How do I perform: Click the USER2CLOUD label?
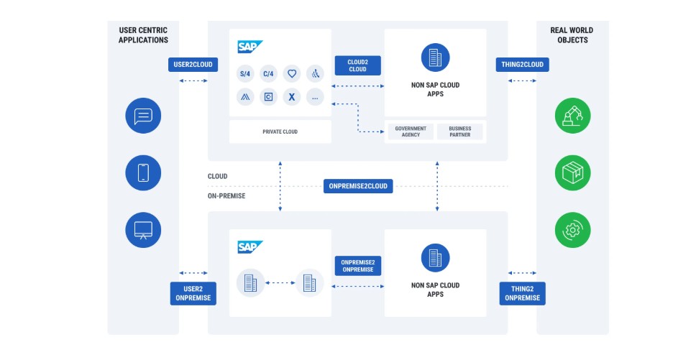193,65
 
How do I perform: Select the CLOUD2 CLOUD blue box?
357,65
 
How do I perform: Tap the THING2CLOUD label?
523,65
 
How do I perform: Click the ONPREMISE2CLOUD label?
358,186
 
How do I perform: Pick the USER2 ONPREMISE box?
193,293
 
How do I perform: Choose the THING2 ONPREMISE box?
523,293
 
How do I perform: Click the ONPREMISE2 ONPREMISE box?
357,265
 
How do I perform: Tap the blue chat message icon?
143,116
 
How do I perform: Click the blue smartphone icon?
143,172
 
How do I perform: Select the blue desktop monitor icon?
143,230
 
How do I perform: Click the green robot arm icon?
573,116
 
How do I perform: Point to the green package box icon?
573,172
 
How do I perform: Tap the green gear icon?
573,230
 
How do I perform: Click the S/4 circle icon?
245,73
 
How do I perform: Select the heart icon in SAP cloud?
291,73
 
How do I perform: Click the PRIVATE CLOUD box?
280,132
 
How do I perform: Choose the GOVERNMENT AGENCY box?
411,131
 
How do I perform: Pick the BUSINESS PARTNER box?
459,131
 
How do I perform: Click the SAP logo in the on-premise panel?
250,247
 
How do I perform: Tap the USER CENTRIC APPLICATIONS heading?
143,34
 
